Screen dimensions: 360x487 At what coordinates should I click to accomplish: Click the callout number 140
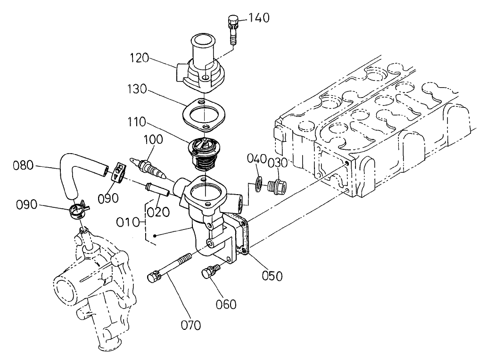pyautogui.click(x=259, y=18)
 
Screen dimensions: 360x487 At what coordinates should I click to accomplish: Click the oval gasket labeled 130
pyautogui.click(x=202, y=115)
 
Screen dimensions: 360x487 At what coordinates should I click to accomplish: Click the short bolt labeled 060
pyautogui.click(x=211, y=273)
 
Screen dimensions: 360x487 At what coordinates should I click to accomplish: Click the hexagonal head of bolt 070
pyautogui.click(x=153, y=278)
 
